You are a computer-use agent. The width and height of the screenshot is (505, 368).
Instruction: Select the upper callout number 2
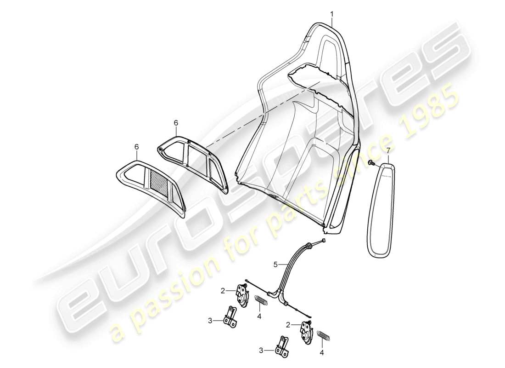coord(222,291)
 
